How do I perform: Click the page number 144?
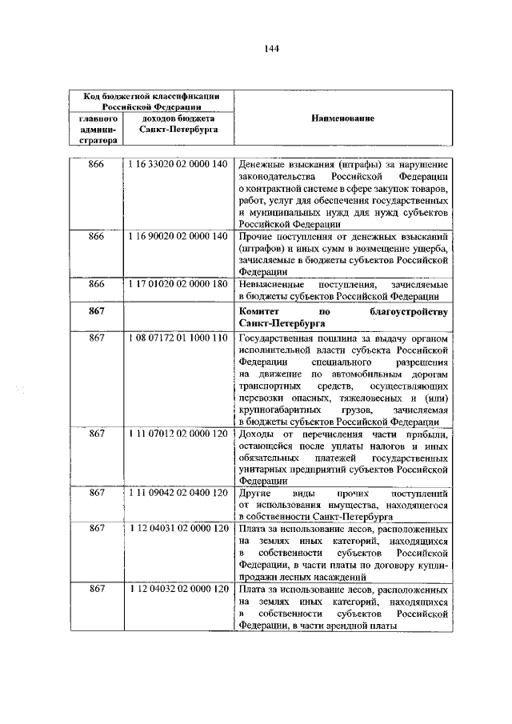271,48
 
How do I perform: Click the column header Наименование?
344,118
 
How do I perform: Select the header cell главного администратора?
98,128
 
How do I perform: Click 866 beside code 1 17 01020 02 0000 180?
97,284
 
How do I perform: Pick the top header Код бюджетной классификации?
152,96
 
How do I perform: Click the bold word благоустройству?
409,310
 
